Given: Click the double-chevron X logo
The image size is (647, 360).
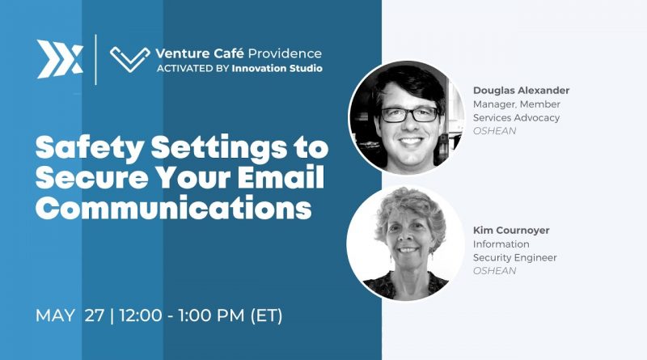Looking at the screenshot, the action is pyautogui.click(x=60, y=59).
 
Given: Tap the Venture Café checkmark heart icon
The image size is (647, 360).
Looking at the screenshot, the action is pyautogui.click(x=130, y=59).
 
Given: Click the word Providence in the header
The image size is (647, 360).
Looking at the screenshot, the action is pyautogui.click(x=285, y=53).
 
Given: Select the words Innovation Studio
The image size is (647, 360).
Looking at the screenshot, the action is pyautogui.click(x=277, y=68).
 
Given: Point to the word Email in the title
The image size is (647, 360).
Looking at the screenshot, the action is pyautogui.click(x=281, y=177).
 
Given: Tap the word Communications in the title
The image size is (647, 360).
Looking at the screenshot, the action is pyautogui.click(x=173, y=208).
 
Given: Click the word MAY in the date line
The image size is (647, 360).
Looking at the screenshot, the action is pyautogui.click(x=55, y=316).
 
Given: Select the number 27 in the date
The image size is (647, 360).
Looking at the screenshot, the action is pyautogui.click(x=95, y=316).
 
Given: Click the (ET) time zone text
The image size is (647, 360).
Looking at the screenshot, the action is pyautogui.click(x=267, y=316).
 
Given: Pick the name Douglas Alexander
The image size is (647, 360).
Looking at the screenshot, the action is pyautogui.click(x=521, y=91).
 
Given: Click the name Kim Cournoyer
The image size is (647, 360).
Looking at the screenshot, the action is pyautogui.click(x=511, y=230).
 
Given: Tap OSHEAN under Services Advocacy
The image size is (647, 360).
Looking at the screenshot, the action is pyautogui.click(x=494, y=131).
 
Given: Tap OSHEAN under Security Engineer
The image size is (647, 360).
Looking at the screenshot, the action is pyautogui.click(x=494, y=271).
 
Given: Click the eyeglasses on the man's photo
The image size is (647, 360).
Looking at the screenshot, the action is pyautogui.click(x=410, y=114).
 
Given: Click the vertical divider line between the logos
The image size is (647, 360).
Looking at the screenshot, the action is pyautogui.click(x=96, y=59).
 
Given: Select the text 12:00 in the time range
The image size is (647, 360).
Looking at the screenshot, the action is pyautogui.click(x=141, y=316).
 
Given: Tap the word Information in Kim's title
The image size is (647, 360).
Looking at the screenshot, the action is pyautogui.click(x=501, y=244).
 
